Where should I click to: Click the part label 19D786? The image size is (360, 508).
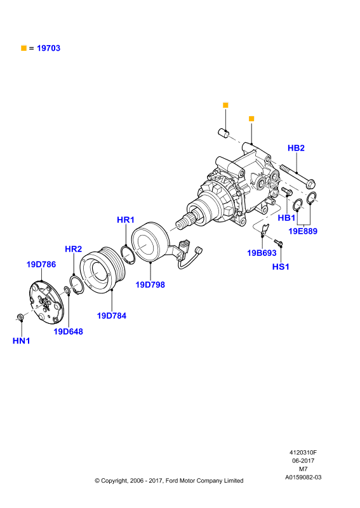(x=41, y=264)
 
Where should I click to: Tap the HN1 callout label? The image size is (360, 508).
(x=22, y=341)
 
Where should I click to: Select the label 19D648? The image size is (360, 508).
(x=68, y=331)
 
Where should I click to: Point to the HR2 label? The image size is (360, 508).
(x=73, y=249)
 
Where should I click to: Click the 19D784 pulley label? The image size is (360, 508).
(x=112, y=316)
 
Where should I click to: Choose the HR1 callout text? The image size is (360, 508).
(x=126, y=220)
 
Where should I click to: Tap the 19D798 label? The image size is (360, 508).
(x=150, y=284)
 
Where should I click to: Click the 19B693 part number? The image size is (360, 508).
(x=262, y=253)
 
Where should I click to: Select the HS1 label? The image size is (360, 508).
(x=281, y=267)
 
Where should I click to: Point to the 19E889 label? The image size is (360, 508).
(x=303, y=231)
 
